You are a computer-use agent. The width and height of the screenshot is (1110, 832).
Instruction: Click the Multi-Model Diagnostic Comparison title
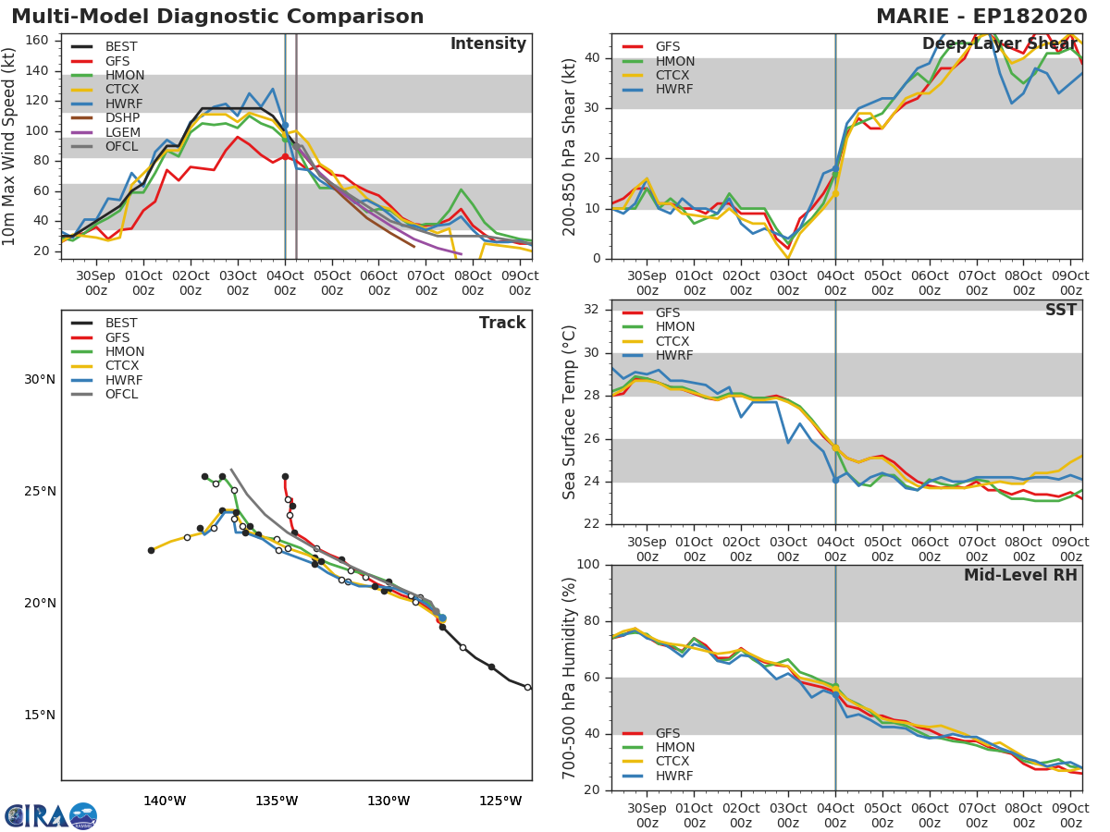[217, 17]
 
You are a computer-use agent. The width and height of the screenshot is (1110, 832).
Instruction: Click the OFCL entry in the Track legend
[121, 395]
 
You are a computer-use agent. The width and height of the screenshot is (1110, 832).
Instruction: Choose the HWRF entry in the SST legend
[674, 356]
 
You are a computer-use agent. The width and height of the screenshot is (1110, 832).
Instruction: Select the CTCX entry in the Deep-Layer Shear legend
[674, 76]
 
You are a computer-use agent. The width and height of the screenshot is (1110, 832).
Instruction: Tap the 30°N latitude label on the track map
[39, 379]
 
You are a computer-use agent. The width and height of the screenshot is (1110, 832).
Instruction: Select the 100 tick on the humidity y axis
[588, 565]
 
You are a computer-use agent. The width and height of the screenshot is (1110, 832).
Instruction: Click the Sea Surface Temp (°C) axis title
[570, 412]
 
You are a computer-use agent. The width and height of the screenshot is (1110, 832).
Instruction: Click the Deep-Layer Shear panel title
[999, 44]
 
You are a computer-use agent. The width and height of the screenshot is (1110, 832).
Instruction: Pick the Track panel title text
[502, 323]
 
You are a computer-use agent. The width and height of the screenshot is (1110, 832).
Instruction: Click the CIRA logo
[51, 815]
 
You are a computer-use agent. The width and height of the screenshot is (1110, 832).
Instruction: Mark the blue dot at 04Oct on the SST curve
[835, 480]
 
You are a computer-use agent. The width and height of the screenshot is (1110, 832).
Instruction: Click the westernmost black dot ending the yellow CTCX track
[151, 550]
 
